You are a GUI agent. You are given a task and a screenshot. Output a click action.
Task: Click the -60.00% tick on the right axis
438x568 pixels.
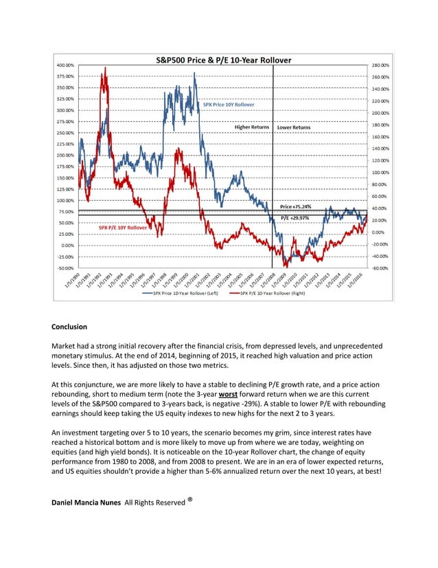380,267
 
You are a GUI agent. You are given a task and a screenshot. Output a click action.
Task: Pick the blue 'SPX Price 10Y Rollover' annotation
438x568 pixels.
229,105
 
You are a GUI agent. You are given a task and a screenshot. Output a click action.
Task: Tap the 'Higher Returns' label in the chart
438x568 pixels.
252,127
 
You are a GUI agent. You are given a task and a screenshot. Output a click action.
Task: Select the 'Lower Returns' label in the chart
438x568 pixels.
293,127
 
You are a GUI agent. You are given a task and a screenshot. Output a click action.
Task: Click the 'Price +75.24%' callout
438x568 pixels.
296,206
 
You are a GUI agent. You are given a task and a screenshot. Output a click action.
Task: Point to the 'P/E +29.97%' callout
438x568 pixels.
296,217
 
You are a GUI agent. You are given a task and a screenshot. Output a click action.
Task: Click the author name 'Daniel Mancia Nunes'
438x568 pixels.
86,503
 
